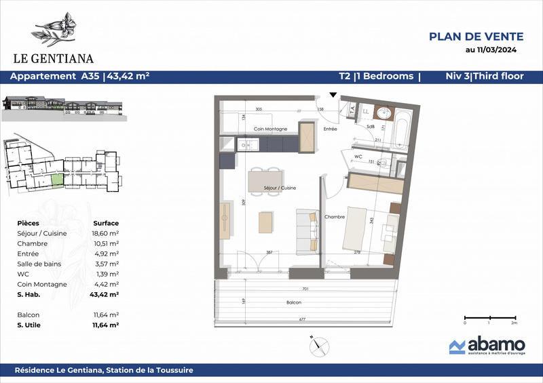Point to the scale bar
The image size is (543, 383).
tap(489, 317)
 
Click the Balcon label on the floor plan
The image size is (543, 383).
tap(294, 305)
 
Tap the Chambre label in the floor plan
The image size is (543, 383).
tap(335, 217)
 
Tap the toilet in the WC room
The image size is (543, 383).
tap(383, 162)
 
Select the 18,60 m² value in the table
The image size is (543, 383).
tap(106, 232)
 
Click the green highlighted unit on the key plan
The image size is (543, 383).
tap(57, 180)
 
